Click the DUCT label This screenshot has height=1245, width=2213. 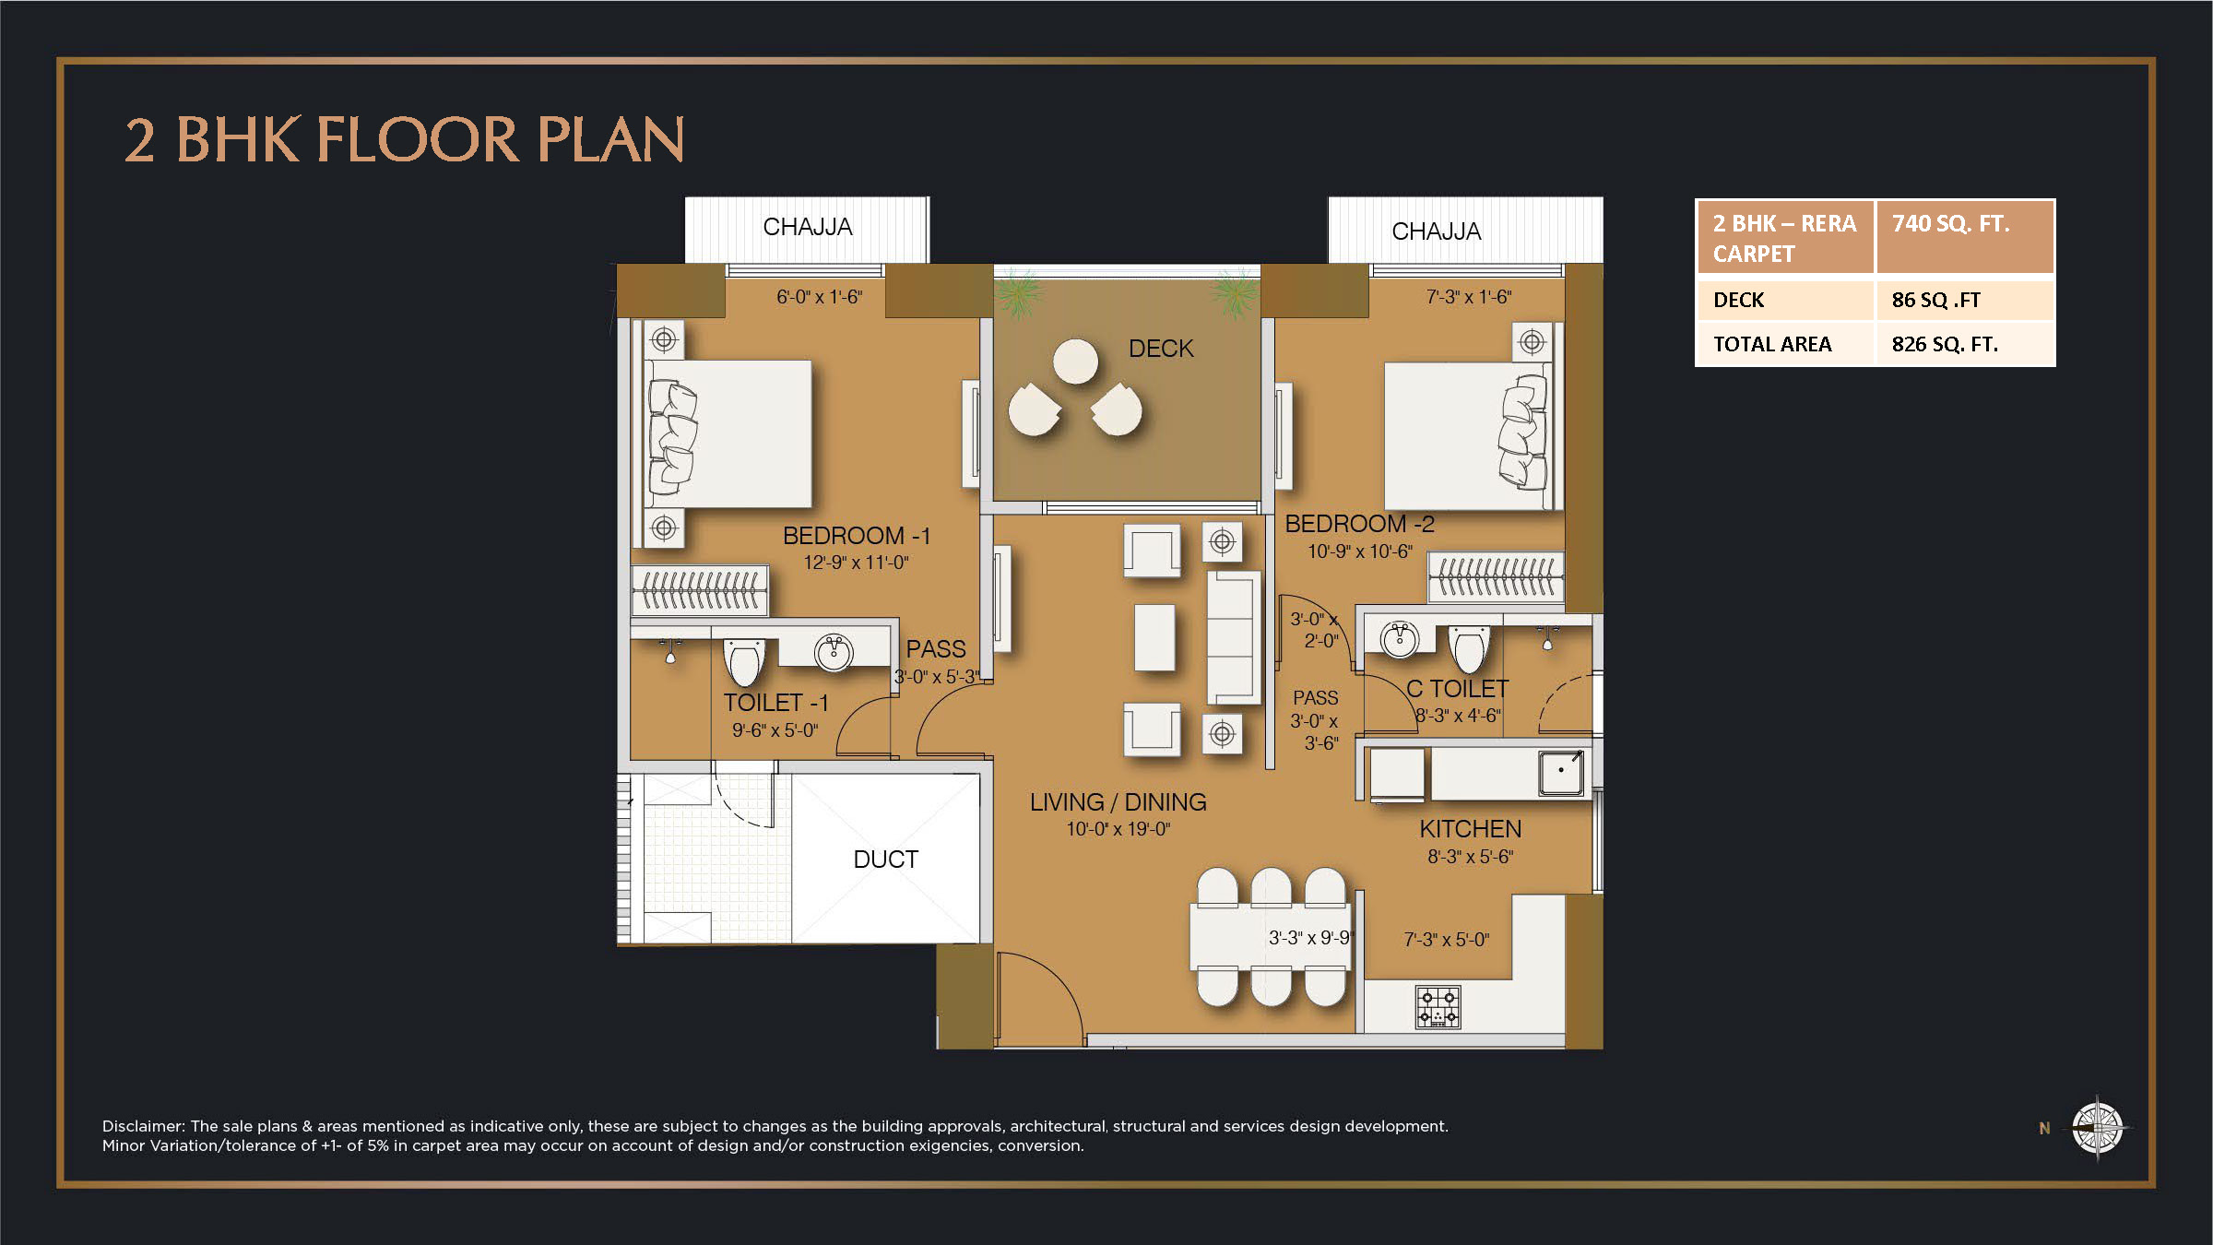885,860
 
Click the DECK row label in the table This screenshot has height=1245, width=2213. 1738,300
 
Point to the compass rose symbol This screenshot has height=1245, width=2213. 2097,1127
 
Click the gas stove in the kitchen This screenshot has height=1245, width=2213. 1438,1007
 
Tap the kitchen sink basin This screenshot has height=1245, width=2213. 1560,771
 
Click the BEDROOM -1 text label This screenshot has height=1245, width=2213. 856,536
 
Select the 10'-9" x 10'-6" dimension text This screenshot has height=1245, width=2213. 1359,551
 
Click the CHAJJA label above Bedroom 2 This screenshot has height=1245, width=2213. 1436,231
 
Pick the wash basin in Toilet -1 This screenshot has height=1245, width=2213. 834,651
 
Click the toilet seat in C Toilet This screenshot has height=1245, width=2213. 1469,648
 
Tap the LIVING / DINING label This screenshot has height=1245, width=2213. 1118,802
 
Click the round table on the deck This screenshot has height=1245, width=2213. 1075,361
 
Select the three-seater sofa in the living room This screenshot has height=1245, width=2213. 1233,637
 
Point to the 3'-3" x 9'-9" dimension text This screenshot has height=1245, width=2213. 1309,938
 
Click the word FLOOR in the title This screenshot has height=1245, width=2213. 418,140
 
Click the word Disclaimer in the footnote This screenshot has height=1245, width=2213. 143,1126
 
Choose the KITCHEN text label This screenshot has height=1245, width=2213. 1470,829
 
